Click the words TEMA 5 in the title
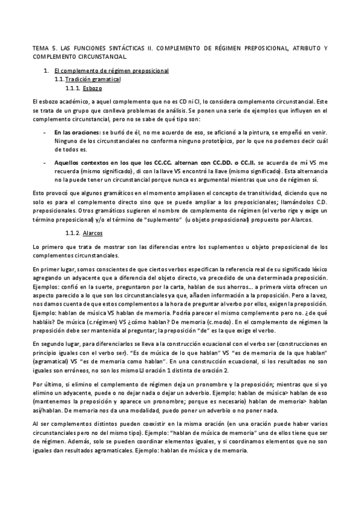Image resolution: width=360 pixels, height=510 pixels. point(43,47)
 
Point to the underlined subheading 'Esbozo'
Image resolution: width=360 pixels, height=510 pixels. point(93,87)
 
